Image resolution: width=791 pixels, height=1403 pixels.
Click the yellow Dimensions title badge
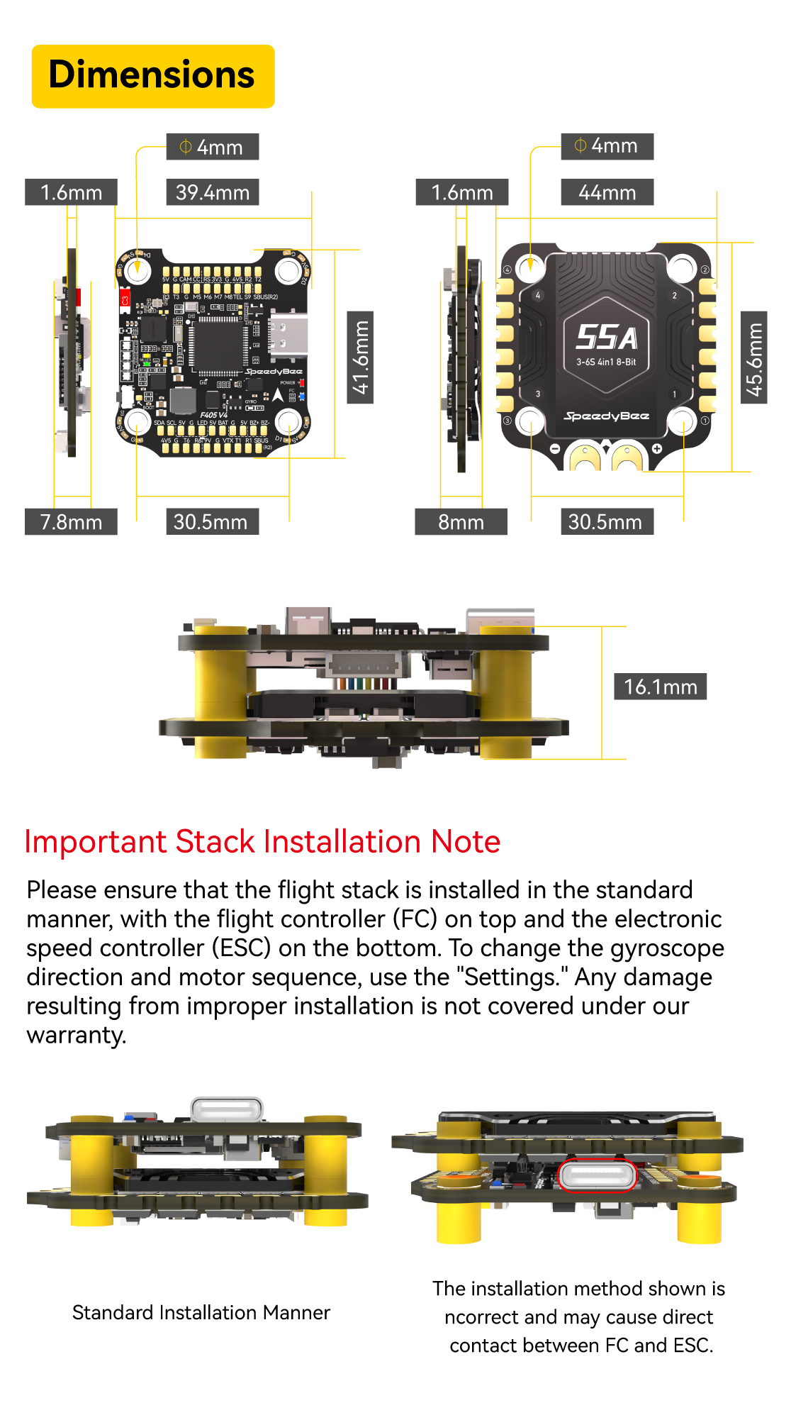153,76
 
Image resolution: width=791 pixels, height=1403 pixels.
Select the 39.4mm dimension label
213,192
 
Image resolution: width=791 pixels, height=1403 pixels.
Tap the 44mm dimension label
607,192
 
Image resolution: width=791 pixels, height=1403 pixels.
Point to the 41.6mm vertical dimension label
360,357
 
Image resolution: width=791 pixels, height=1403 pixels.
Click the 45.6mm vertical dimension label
754,357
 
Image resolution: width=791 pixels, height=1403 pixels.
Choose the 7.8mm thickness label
71,522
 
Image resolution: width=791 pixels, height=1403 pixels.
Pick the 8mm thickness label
461,522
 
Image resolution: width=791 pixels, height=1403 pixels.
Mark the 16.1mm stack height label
660,687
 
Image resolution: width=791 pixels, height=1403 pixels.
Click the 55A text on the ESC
606,338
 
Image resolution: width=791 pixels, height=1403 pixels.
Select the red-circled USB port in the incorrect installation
598,1176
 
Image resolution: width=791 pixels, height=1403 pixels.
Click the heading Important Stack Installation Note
262,842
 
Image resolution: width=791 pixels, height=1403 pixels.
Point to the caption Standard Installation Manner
201,1312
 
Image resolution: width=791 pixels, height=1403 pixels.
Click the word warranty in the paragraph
76,1035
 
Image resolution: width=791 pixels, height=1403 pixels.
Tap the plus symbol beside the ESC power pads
657,448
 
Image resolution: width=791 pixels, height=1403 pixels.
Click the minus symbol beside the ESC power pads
555,448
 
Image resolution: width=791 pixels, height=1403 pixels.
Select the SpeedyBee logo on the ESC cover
606,416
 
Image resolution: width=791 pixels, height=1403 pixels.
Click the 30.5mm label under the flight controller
211,522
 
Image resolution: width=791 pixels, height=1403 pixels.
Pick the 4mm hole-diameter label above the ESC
607,146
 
